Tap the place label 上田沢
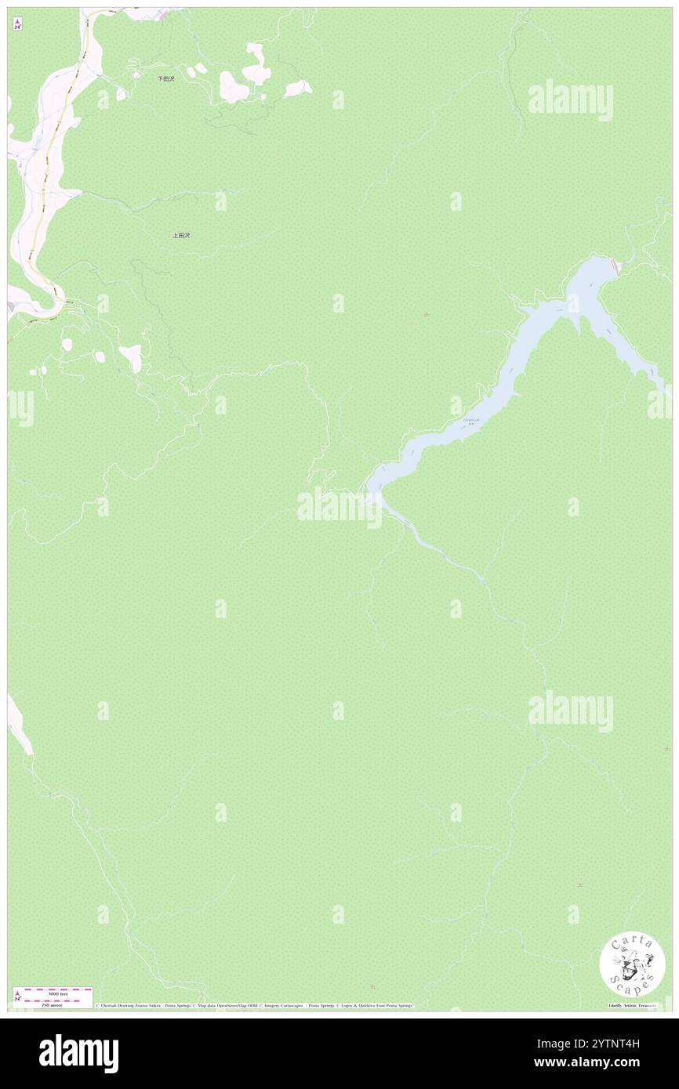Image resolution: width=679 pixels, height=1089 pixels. [181, 235]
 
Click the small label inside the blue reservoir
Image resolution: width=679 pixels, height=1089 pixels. [471, 421]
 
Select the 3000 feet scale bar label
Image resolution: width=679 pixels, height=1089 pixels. [55, 993]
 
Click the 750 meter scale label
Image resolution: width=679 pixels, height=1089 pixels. [54, 1004]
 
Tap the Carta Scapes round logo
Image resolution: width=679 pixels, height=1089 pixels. [632, 965]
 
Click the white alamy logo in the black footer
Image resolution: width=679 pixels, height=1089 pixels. [78, 1053]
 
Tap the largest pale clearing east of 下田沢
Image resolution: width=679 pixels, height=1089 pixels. [233, 87]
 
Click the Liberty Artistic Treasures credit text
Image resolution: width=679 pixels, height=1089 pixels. [632, 1005]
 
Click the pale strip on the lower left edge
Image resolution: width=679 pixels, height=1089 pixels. [19, 725]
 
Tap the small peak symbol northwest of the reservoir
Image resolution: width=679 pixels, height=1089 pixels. [426, 315]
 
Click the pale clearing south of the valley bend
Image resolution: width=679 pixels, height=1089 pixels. [131, 356]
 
